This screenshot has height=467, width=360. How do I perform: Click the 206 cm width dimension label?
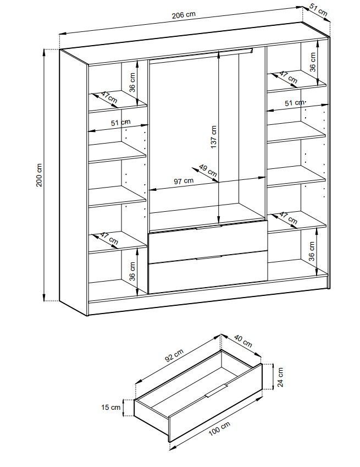pos(184,15)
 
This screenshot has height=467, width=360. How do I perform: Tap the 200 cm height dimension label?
pos(40,175)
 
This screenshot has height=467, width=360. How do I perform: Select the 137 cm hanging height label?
pos(213,137)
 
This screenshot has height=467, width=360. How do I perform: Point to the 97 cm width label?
pos(184,181)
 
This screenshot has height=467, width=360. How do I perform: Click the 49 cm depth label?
pos(208,170)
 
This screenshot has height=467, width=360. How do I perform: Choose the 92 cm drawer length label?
pos(174,355)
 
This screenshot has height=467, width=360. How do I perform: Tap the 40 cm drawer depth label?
pos(243,341)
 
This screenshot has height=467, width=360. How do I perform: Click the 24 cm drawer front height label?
pos(280,377)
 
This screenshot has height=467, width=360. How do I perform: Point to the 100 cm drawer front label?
pos(219,429)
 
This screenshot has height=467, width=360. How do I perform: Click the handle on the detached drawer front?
pos(217,391)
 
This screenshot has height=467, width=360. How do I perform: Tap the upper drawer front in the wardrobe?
pos(208,242)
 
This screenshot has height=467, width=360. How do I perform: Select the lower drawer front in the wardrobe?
pos(208,272)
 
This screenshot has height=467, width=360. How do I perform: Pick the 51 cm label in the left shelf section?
pos(120,123)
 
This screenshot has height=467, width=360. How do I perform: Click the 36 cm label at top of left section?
pos(132,82)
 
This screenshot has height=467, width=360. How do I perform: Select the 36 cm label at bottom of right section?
pos(312,251)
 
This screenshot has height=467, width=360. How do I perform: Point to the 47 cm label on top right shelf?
pos(288,77)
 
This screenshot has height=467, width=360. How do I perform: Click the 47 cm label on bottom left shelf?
pos(109,238)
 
